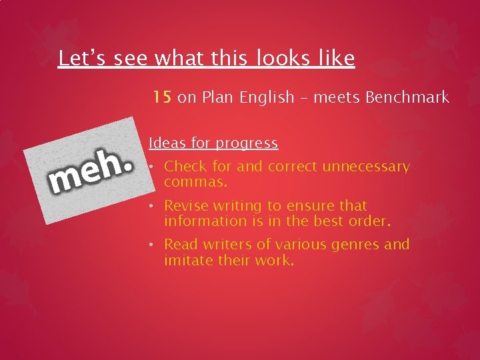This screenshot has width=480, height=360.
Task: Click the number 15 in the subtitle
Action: (x=162, y=97)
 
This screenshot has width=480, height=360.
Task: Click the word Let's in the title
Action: (x=83, y=59)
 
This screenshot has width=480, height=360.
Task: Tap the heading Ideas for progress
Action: (x=213, y=143)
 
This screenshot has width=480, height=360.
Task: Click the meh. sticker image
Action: (x=85, y=171)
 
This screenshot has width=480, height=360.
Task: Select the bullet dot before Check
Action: (x=152, y=166)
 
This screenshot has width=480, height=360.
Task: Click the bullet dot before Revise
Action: (x=152, y=206)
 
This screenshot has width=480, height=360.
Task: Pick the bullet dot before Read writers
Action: (x=152, y=245)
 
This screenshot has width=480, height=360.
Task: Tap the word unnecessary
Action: (x=366, y=167)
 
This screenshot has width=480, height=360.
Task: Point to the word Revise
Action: (x=185, y=206)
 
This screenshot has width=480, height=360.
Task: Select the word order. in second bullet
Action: (x=369, y=221)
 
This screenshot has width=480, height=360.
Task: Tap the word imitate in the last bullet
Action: (x=188, y=260)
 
